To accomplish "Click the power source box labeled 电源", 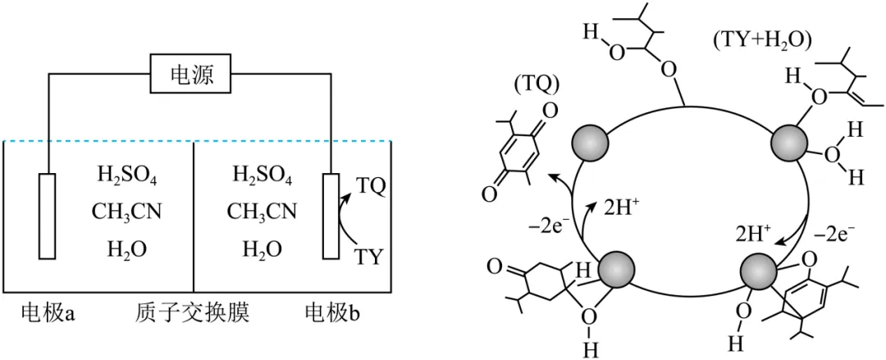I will pyautogui.click(x=191, y=76).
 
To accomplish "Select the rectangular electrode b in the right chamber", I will pyautogui.click(x=331, y=216).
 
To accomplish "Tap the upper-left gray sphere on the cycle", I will pyautogui.click(x=591, y=143).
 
